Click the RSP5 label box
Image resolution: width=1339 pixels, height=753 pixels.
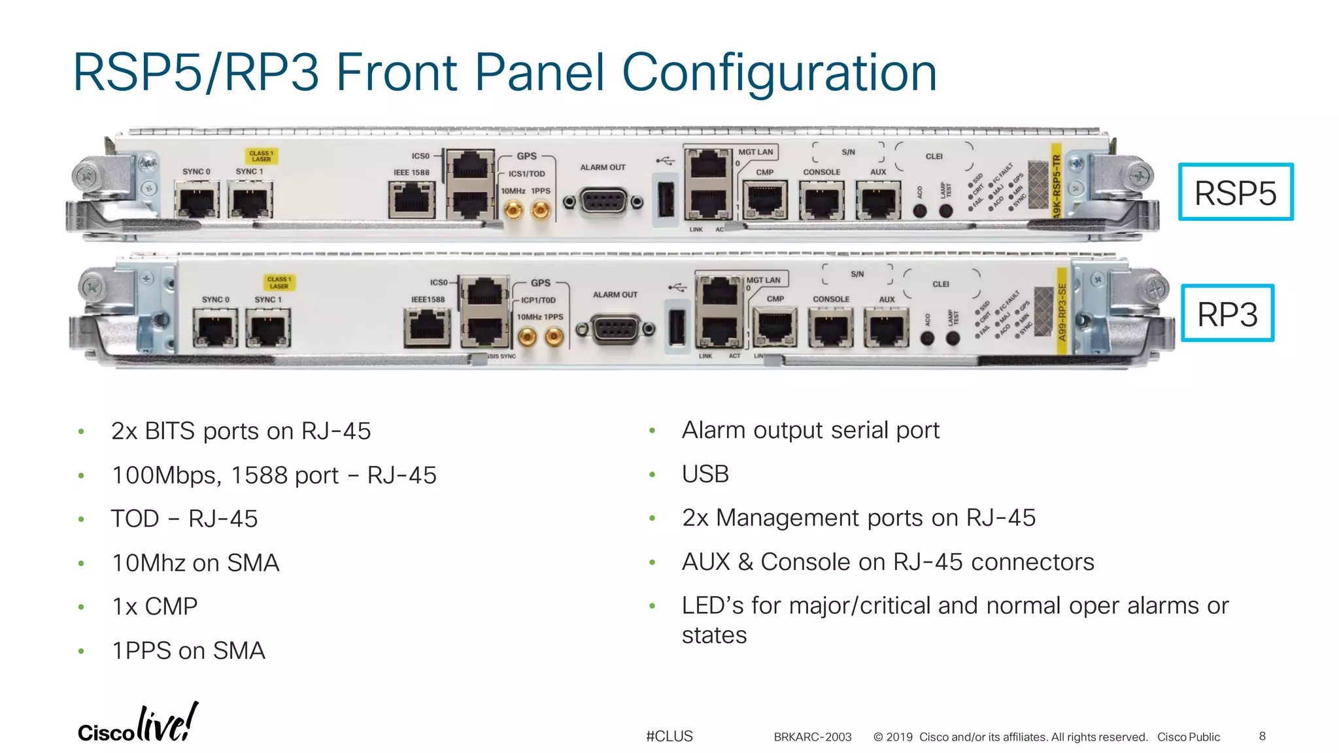pos(1235,192)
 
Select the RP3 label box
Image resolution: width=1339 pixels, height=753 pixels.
pos(1227,314)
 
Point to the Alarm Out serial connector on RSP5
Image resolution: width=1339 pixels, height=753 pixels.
pos(603,202)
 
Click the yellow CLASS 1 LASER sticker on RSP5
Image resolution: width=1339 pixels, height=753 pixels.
pos(262,156)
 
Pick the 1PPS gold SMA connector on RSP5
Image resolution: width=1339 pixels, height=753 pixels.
pos(541,210)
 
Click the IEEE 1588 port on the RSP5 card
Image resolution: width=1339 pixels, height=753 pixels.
pos(412,200)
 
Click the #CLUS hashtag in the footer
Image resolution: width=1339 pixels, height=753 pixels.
pos(669,736)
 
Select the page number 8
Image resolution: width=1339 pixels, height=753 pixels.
pos(1262,736)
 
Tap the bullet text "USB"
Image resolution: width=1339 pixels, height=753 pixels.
pos(705,474)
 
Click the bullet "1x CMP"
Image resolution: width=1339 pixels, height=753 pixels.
pos(155,607)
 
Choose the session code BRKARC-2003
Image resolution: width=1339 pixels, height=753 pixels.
pos(812,737)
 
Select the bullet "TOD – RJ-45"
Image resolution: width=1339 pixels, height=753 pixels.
pos(184,519)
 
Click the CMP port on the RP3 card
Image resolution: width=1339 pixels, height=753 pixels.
pos(774,327)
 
